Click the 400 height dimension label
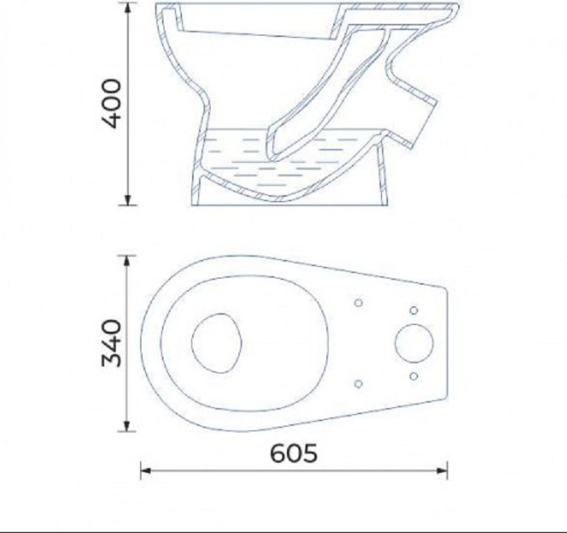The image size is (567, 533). click(x=111, y=104)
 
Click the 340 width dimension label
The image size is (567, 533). click(x=111, y=342)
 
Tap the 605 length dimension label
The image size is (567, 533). click(x=294, y=454)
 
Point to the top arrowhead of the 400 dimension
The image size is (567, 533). click(x=127, y=8)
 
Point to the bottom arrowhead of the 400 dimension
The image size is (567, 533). click(x=127, y=200)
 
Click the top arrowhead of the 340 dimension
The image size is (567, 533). click(x=127, y=261)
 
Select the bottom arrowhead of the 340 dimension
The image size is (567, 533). click(x=127, y=426)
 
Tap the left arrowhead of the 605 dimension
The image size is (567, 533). click(x=146, y=471)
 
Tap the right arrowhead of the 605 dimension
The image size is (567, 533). click(x=442, y=471)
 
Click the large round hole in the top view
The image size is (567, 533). click(x=413, y=343)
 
